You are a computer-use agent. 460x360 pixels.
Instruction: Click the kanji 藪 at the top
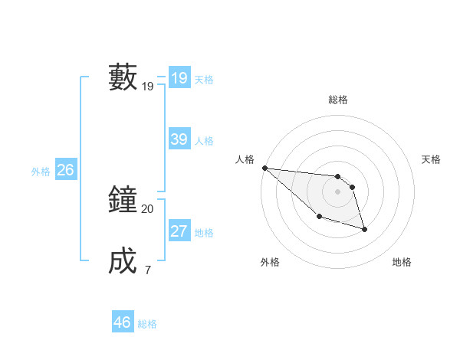[x=123, y=77]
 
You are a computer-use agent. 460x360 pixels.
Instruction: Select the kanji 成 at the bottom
[x=123, y=260]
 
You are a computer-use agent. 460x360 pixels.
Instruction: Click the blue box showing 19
[x=179, y=78]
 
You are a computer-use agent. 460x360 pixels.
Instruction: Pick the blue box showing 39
[x=179, y=139]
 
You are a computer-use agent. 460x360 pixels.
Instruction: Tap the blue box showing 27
[x=179, y=231]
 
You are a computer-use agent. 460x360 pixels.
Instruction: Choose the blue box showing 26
[x=65, y=170]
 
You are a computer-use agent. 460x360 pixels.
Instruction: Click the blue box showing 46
[x=123, y=322]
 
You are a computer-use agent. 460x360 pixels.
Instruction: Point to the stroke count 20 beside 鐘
[x=147, y=208]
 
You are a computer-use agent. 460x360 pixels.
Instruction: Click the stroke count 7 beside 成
[x=147, y=270]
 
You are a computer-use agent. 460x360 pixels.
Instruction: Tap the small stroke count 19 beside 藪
[x=147, y=87]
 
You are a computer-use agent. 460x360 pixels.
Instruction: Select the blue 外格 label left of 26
[x=41, y=172]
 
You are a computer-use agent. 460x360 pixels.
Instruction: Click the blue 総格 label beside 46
[x=147, y=324]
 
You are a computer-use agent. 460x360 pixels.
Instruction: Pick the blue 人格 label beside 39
[x=204, y=141]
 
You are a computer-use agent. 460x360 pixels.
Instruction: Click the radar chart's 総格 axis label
[x=338, y=100]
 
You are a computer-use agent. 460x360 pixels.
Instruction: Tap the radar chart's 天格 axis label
[x=431, y=159]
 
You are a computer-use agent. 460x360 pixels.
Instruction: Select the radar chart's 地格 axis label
[x=402, y=262]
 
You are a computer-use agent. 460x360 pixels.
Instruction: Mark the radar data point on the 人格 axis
[x=264, y=168]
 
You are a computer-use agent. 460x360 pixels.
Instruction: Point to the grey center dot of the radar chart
[x=338, y=191]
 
